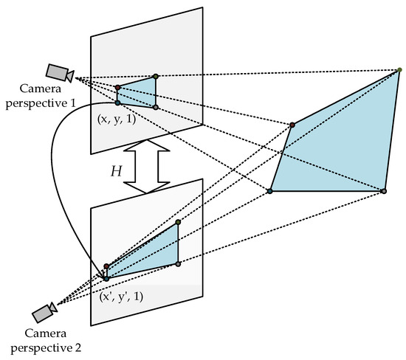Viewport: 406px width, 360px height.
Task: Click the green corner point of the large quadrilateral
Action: (x=399, y=69)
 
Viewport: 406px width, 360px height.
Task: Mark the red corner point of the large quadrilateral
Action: (x=292, y=125)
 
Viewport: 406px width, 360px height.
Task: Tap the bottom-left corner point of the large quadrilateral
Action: (x=270, y=191)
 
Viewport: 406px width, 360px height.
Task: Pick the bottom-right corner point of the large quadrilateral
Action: (x=383, y=191)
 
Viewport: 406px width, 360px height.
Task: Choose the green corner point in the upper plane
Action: (x=156, y=76)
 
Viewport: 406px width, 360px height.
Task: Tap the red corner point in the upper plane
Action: (x=117, y=88)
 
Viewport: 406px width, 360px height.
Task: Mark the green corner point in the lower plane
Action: (x=178, y=221)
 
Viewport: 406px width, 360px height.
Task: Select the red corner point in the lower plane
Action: (x=106, y=266)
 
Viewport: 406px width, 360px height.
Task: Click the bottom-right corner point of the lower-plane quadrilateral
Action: (x=178, y=263)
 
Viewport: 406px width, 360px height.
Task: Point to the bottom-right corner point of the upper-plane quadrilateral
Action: (x=156, y=108)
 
